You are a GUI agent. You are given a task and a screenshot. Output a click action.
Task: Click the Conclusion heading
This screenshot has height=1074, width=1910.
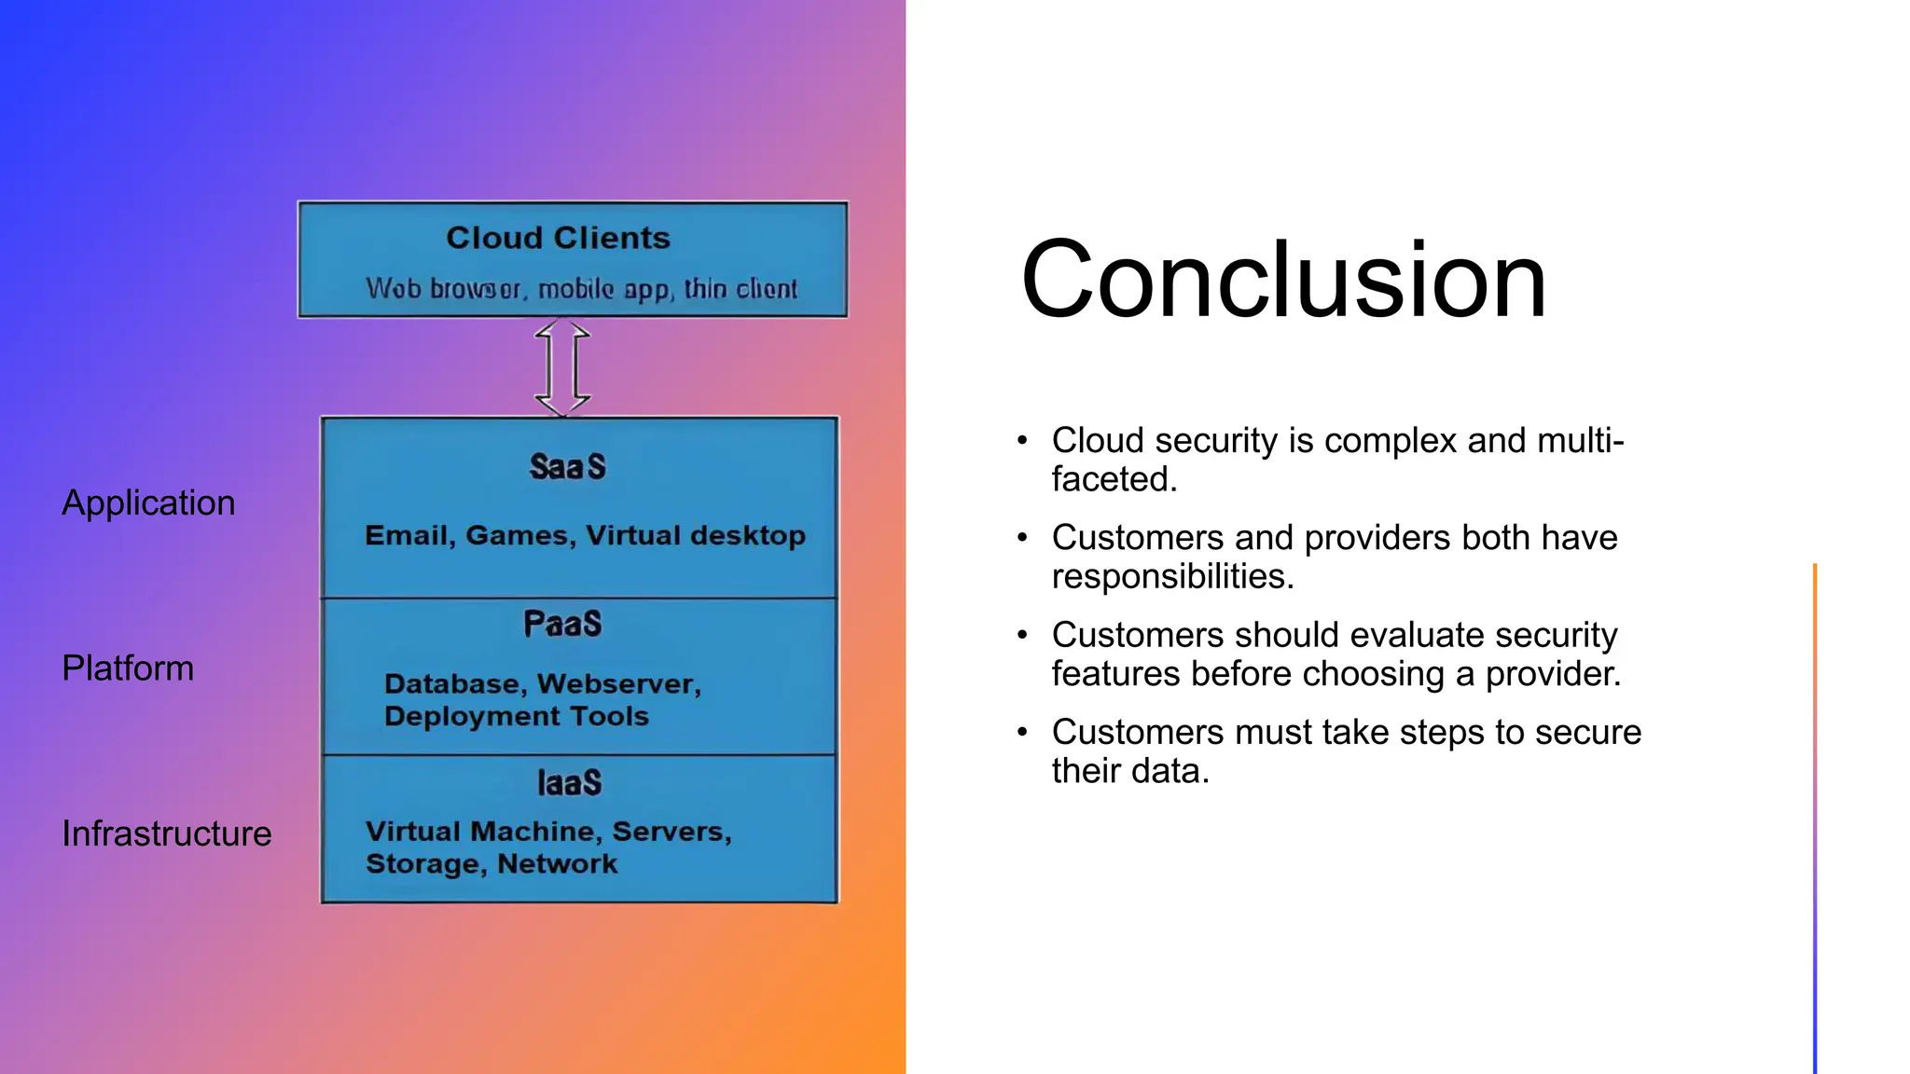[1283, 280]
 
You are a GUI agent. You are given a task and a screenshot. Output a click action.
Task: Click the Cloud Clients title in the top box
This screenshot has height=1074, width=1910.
[558, 238]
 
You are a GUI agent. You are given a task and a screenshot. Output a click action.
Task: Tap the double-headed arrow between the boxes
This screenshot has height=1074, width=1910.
[562, 367]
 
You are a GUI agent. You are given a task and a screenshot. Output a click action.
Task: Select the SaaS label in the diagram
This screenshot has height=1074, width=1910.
[567, 466]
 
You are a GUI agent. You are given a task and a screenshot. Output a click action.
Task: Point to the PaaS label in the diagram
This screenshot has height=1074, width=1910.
[562, 623]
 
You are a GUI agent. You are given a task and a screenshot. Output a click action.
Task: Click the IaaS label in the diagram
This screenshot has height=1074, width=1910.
[569, 782]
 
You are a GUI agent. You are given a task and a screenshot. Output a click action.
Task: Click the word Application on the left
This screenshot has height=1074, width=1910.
[148, 503]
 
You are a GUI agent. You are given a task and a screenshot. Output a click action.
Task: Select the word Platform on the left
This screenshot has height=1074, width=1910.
[128, 668]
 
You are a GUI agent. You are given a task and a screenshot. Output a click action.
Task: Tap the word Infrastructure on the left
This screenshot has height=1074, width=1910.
[166, 833]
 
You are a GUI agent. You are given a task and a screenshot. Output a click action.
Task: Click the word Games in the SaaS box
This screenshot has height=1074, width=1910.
[519, 535]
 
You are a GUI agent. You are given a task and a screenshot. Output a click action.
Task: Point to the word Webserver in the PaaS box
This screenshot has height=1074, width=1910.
[619, 683]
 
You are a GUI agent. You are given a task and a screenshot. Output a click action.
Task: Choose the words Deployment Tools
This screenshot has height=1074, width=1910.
[516, 716]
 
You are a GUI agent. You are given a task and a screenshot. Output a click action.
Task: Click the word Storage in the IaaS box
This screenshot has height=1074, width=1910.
[426, 863]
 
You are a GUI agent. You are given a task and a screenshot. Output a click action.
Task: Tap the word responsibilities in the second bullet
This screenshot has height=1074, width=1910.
[1172, 576]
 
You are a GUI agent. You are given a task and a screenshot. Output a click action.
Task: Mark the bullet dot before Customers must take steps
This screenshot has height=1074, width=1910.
[1022, 732]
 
